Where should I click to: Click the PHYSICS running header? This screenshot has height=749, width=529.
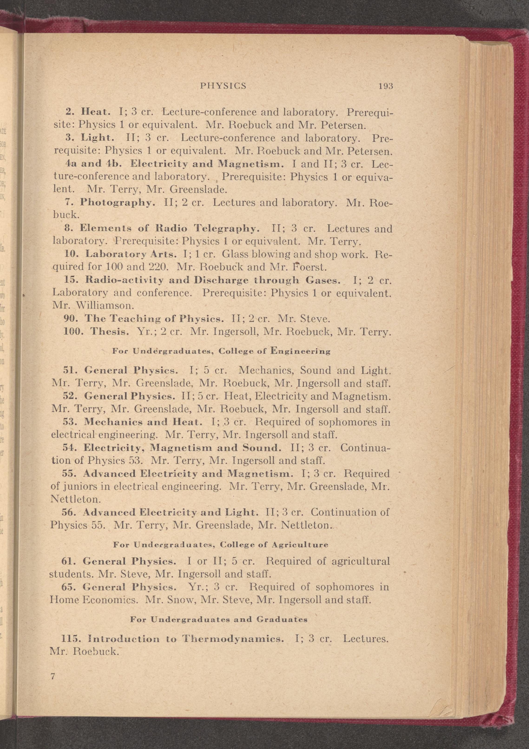coord(223,86)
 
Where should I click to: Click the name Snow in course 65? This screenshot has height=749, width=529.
coord(183,600)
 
